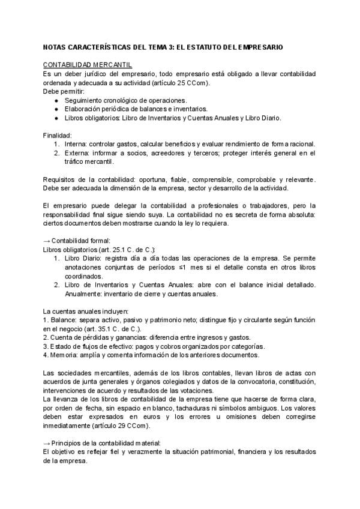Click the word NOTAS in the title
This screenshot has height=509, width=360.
55,46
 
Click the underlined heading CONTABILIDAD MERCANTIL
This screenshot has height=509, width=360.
88,64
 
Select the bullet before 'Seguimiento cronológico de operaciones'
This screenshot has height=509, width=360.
56,100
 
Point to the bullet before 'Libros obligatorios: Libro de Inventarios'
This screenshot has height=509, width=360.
56,118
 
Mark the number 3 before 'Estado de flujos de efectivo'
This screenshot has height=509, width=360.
45,347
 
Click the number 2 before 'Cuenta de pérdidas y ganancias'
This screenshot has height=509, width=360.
45,338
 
